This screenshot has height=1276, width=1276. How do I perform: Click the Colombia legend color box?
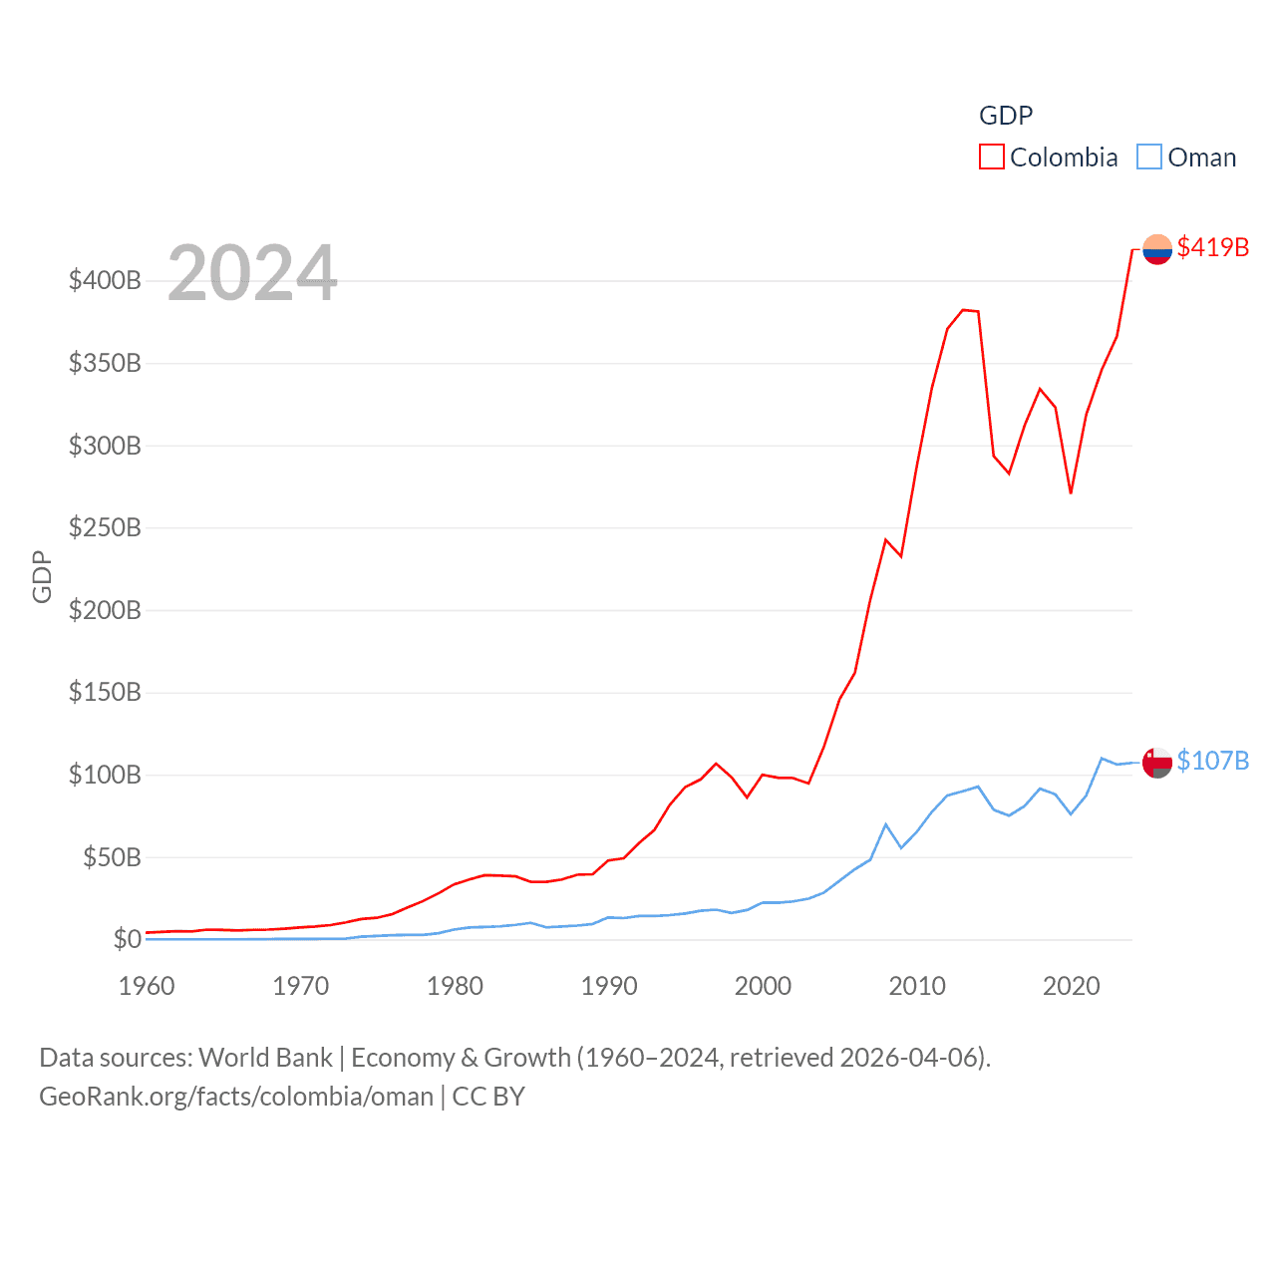(x=991, y=158)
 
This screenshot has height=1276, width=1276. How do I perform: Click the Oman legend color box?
(x=1149, y=158)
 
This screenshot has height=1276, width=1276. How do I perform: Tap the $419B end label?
(x=1212, y=247)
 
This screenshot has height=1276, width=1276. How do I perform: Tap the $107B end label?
(x=1212, y=761)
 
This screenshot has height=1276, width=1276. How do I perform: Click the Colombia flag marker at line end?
(x=1157, y=248)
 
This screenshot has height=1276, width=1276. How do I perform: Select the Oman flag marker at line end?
(x=1157, y=763)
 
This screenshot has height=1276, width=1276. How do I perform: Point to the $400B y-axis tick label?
(x=105, y=280)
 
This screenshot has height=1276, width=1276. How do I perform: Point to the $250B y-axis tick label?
(x=105, y=527)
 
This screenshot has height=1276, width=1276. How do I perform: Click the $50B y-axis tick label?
(x=112, y=857)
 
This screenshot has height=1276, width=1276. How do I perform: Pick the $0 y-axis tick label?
(x=127, y=939)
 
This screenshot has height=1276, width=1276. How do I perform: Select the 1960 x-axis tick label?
(x=147, y=986)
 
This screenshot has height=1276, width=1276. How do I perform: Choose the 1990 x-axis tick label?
(x=609, y=986)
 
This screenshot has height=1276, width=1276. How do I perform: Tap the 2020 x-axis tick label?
(x=1072, y=986)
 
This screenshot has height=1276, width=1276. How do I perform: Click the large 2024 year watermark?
(x=252, y=273)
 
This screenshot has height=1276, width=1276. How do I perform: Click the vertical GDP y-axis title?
(x=42, y=576)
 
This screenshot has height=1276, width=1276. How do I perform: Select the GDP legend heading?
(x=1006, y=116)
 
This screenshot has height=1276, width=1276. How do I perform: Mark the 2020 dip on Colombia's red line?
(x=1071, y=492)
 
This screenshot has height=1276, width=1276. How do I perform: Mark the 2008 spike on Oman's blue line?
(x=885, y=824)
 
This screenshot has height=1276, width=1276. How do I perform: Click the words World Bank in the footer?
(x=266, y=1058)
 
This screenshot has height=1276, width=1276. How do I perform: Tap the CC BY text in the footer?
(x=488, y=1097)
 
